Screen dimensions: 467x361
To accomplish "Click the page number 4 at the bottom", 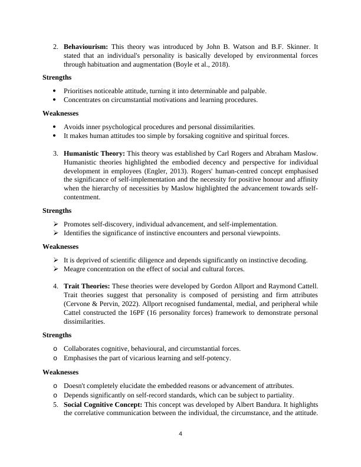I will click(x=180, y=435).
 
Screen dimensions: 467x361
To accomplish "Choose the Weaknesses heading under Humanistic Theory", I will click(x=61, y=246).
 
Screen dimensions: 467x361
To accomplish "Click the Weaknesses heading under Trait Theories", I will click(x=61, y=372).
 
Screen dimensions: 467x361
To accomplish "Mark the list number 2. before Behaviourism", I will click(x=55, y=46).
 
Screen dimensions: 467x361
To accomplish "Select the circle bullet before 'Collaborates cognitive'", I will click(x=55, y=349).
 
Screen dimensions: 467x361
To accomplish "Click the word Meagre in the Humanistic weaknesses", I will click(x=75, y=269).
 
